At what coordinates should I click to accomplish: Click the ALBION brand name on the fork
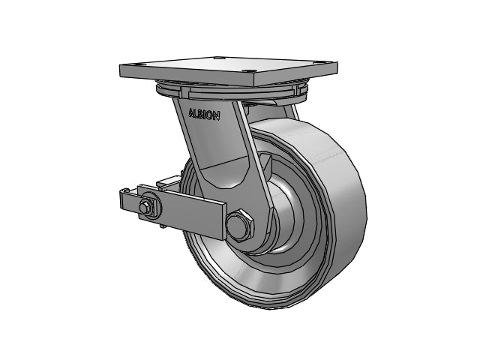204,114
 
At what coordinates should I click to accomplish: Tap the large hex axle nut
240,226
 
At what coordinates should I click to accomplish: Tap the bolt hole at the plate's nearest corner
250,72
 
